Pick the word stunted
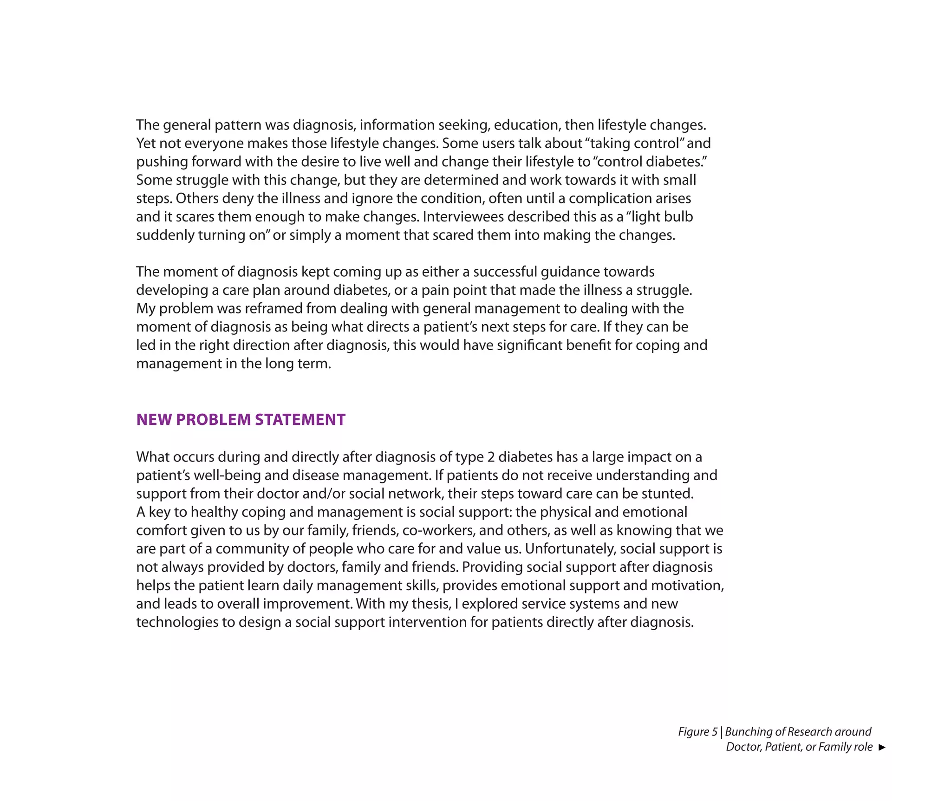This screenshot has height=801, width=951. [669, 494]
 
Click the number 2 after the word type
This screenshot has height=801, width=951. [491, 457]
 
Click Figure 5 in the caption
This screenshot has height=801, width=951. [697, 732]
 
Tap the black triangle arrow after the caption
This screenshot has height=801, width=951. [882, 747]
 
